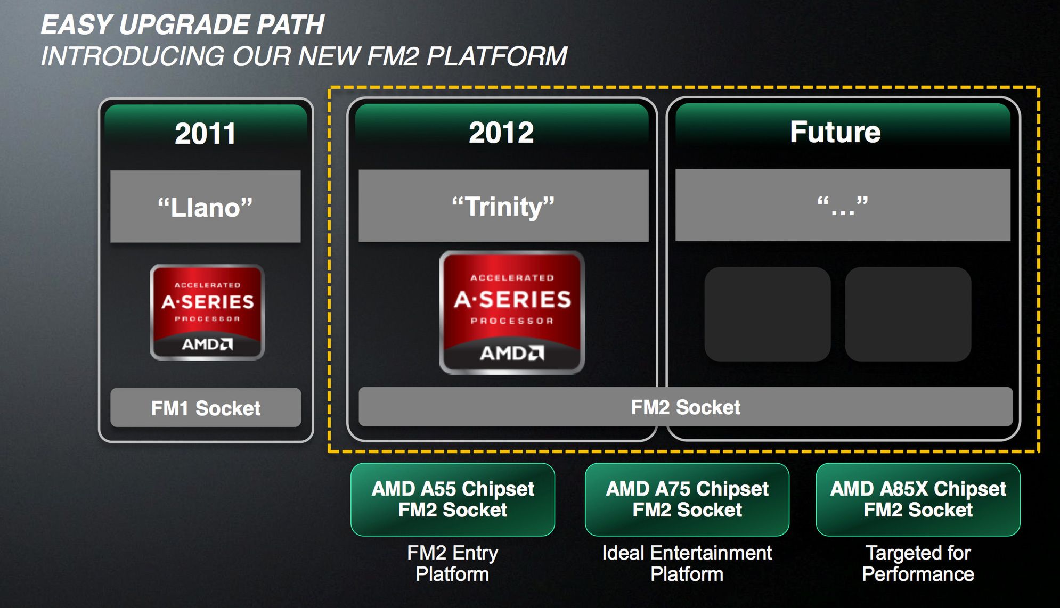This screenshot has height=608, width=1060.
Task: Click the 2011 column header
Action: tap(206, 133)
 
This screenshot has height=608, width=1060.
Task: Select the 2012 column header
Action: tap(502, 132)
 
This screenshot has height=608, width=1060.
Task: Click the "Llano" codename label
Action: tap(206, 207)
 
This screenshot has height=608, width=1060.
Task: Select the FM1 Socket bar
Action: tap(206, 408)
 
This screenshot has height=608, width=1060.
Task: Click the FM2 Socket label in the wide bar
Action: tap(686, 407)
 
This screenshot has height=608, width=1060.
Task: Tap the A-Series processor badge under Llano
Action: tap(208, 313)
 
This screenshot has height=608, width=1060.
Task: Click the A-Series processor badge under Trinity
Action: tap(512, 313)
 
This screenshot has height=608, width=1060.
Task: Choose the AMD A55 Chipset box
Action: tap(453, 499)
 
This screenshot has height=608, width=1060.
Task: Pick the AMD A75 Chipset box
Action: tap(687, 499)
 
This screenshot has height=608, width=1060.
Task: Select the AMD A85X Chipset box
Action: tap(918, 499)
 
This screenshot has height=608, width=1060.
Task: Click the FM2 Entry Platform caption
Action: tap(453, 563)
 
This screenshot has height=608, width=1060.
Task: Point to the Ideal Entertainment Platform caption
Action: tap(687, 563)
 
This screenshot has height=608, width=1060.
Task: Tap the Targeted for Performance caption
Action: tap(918, 563)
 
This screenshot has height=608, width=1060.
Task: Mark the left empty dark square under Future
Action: tap(768, 314)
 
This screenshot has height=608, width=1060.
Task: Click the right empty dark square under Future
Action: tap(908, 314)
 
